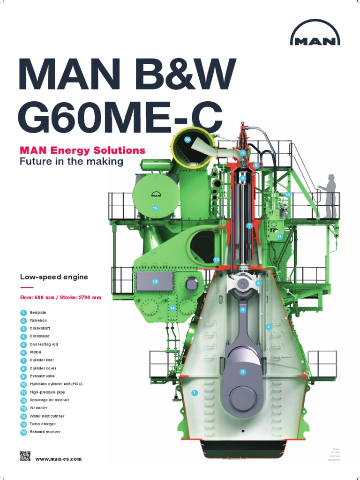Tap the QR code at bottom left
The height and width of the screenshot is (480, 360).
(x=25, y=456)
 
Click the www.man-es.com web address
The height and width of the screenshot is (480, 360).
(x=59, y=459)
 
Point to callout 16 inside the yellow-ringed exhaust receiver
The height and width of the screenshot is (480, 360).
(x=187, y=140)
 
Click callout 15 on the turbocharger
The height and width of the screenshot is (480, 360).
(x=155, y=208)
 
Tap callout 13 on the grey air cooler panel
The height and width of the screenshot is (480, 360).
(x=155, y=281)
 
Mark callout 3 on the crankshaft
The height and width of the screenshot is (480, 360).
(x=242, y=372)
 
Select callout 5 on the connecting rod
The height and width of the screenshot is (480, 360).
(x=243, y=310)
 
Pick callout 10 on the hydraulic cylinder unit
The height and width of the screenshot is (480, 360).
(x=287, y=195)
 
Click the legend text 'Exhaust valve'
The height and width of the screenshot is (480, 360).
(x=42, y=376)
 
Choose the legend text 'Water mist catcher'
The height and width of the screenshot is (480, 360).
(x=47, y=416)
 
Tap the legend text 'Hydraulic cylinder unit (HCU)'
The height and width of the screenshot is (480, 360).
(x=56, y=384)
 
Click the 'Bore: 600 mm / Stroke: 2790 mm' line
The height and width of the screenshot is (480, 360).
(x=60, y=297)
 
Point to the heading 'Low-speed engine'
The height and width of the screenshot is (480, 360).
(x=54, y=277)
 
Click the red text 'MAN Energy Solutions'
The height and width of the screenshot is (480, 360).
(x=82, y=150)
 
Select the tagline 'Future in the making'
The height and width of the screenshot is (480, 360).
(x=71, y=162)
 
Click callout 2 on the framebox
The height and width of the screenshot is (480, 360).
(x=269, y=327)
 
